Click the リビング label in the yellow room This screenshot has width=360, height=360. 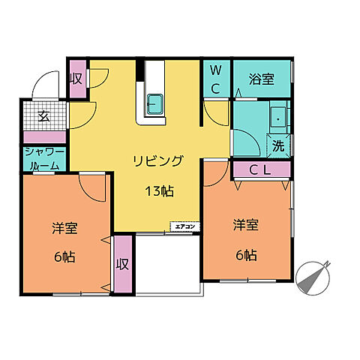158,160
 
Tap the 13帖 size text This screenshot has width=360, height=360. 159,190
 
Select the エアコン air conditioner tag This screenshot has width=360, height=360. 184,226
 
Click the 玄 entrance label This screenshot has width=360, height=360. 43,116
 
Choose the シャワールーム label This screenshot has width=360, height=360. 43,158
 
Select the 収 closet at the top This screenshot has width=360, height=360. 76,78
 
